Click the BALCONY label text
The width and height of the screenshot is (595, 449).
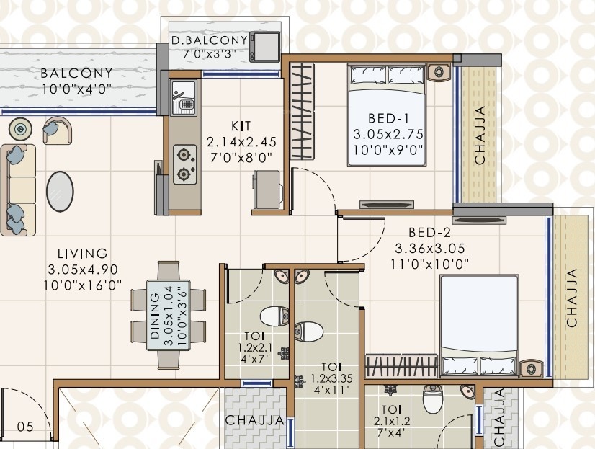tap(76, 73)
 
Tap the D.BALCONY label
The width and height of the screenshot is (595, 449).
tap(209, 40)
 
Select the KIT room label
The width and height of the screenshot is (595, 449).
tap(241, 125)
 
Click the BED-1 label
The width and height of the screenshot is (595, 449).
tap(388, 117)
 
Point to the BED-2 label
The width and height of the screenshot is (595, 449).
tap(429, 232)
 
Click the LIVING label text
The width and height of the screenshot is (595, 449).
tap(83, 254)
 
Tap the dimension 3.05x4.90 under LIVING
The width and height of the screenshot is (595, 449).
tap(83, 270)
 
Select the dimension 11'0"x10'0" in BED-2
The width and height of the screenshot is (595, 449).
tap(429, 264)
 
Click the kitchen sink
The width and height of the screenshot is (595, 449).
tap(184, 97)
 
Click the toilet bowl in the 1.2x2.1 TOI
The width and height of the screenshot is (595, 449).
tap(273, 316)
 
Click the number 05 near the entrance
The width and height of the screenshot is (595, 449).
tap(24, 427)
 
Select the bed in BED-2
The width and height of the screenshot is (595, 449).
tap(479, 324)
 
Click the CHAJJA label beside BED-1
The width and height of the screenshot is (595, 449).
tap(480, 135)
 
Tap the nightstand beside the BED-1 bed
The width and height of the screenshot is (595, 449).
tap(437, 72)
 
